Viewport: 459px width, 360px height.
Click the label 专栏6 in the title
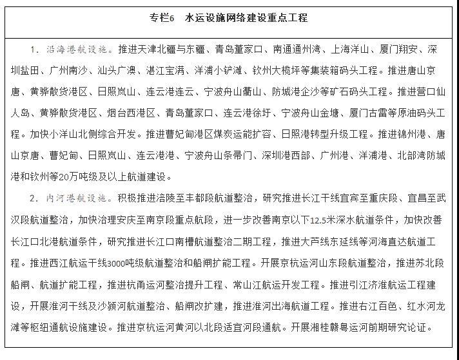click(162, 18)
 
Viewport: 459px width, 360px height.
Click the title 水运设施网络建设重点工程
click(246, 18)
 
